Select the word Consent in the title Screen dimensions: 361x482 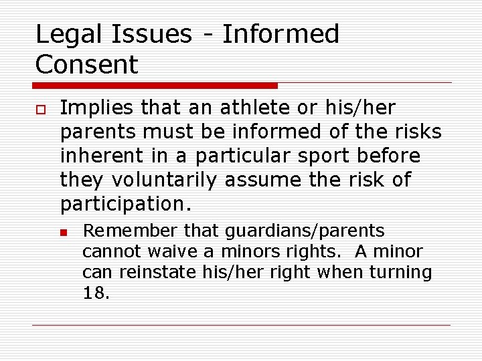pos(86,65)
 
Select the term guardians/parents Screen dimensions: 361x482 pos(305,231)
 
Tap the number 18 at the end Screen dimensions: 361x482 pos(94,293)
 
